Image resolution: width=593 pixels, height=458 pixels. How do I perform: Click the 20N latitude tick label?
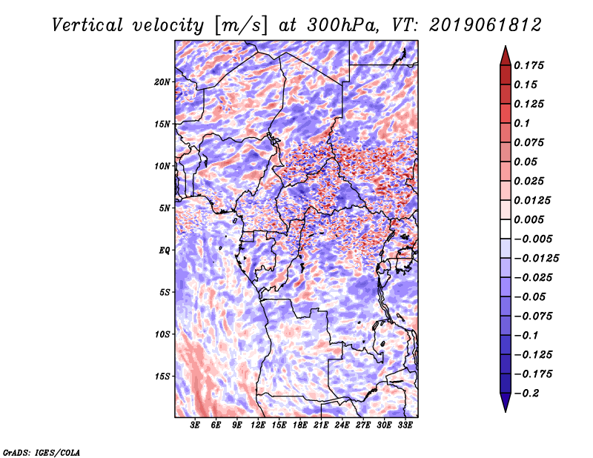(x=162, y=82)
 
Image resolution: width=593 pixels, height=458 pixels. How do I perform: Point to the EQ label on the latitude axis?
(x=165, y=250)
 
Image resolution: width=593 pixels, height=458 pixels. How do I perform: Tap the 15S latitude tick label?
(x=162, y=376)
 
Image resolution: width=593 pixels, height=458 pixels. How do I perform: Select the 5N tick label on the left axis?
(x=165, y=208)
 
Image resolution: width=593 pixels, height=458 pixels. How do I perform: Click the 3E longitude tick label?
(x=196, y=425)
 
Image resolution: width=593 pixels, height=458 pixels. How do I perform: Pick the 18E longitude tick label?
(x=300, y=425)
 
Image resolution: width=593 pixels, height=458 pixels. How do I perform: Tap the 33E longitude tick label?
(x=405, y=425)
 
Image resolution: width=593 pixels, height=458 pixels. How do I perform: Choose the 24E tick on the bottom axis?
(x=342, y=425)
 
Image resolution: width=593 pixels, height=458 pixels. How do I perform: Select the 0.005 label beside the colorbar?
(x=530, y=220)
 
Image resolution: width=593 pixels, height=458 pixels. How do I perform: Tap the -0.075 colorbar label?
(x=533, y=316)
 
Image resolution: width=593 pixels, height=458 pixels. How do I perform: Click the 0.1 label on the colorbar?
(x=523, y=123)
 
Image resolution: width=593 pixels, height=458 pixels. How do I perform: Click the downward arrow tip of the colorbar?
(x=504, y=409)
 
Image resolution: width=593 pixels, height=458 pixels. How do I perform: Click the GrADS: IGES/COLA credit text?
(x=41, y=451)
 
